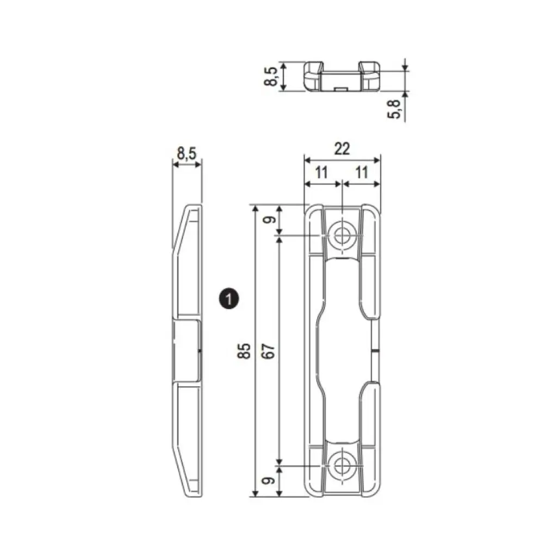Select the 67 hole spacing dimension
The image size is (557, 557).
270,351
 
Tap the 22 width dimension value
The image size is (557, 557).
342,148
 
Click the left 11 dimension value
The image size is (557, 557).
321,173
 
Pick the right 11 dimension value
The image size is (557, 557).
361,173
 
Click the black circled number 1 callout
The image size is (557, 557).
229,299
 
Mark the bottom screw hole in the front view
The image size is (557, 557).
342,466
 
